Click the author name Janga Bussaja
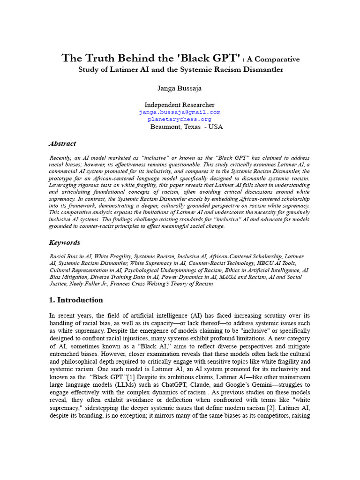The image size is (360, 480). pos(180,88)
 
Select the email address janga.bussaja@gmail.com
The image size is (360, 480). pos(180,112)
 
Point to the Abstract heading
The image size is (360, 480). pos(62,143)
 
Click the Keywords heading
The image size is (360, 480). pos(64,242)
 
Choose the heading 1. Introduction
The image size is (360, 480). pos(76,300)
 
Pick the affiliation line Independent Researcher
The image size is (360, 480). pos(180,105)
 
